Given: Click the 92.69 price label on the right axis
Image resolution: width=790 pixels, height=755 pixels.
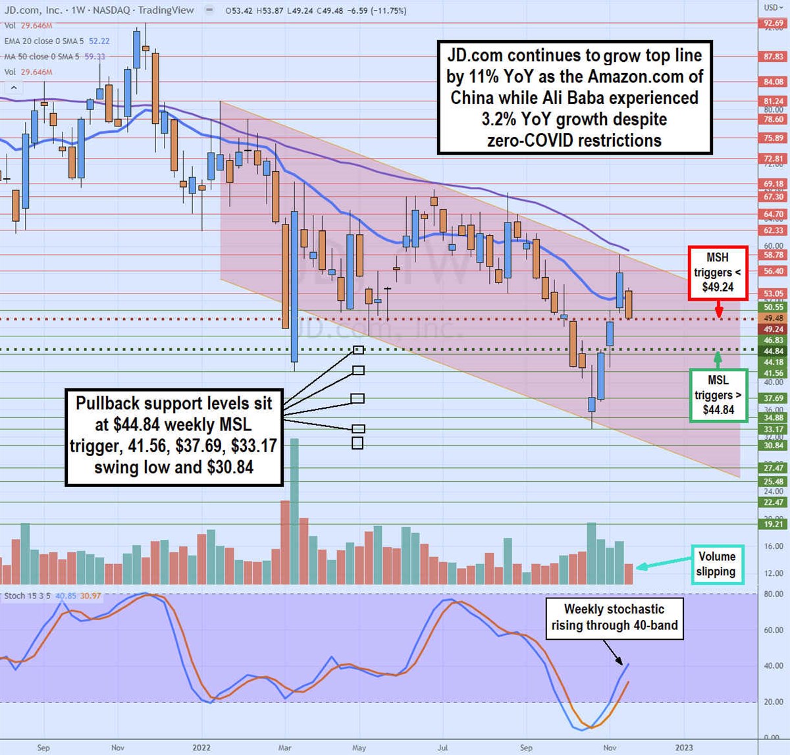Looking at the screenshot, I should [x=774, y=24].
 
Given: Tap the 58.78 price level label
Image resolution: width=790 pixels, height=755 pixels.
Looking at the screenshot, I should [x=774, y=255].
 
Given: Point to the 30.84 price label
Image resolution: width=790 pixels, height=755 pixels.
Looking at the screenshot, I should [x=774, y=446].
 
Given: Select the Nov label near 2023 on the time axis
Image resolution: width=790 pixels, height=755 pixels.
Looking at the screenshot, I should [x=610, y=748].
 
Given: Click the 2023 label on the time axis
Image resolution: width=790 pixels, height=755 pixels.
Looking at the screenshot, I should [x=684, y=748].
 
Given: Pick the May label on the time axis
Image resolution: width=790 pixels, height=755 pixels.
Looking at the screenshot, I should [x=359, y=748].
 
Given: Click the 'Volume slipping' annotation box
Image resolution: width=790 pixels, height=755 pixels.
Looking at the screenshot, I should [x=716, y=564].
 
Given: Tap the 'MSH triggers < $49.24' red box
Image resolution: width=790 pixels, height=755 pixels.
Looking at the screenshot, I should [x=718, y=273].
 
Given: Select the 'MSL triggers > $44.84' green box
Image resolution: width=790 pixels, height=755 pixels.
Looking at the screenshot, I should [x=718, y=395].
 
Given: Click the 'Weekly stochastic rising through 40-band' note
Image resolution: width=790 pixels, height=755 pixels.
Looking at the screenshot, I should [x=614, y=617].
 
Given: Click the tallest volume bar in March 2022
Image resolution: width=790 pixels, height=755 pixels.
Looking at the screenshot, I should [x=294, y=511].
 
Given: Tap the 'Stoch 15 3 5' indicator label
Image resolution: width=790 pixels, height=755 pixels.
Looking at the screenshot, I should [x=27, y=596].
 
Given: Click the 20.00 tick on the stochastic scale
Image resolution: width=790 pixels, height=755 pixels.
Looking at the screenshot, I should [x=773, y=702].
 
